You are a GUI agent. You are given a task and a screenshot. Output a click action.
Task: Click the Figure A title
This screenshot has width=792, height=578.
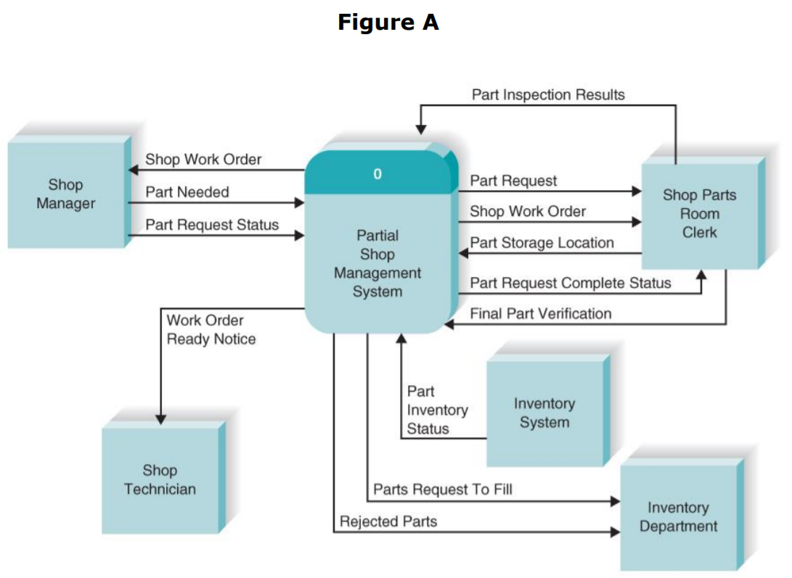388,22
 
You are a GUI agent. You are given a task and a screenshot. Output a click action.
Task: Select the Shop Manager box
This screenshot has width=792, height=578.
66,194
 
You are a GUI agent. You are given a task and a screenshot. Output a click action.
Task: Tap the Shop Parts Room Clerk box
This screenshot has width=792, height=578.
698,214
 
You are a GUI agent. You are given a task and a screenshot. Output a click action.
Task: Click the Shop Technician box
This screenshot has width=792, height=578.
160,480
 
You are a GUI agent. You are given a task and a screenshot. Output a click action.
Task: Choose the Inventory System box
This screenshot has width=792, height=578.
544,413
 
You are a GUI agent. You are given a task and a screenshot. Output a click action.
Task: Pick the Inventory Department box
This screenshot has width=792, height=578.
678,517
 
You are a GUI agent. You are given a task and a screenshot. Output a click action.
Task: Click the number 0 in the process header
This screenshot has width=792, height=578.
377,174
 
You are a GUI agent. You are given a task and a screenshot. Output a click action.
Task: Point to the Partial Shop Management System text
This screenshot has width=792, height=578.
377,264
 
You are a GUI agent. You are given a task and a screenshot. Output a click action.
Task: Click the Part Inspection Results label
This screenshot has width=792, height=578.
548,95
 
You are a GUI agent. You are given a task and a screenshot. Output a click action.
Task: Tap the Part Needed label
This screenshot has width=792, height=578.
187,192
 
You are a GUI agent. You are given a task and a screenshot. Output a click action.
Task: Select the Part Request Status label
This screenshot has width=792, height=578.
212,225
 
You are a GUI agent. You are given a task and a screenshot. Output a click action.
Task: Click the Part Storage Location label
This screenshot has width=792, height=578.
542,243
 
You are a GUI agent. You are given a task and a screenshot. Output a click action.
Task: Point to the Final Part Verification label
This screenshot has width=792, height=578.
540,313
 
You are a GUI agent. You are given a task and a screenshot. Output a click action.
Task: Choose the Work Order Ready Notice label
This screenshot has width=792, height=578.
211,330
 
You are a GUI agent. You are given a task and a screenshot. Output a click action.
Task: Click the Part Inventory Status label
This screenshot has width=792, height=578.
436,410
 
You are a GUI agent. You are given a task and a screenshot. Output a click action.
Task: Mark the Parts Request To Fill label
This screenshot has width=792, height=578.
442,490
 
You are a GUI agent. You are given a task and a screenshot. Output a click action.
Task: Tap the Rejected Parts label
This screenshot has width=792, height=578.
388,521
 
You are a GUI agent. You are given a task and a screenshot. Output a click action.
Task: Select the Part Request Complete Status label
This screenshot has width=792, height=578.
570,283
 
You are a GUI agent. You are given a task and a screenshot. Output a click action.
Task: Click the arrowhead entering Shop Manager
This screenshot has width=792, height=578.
133,170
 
